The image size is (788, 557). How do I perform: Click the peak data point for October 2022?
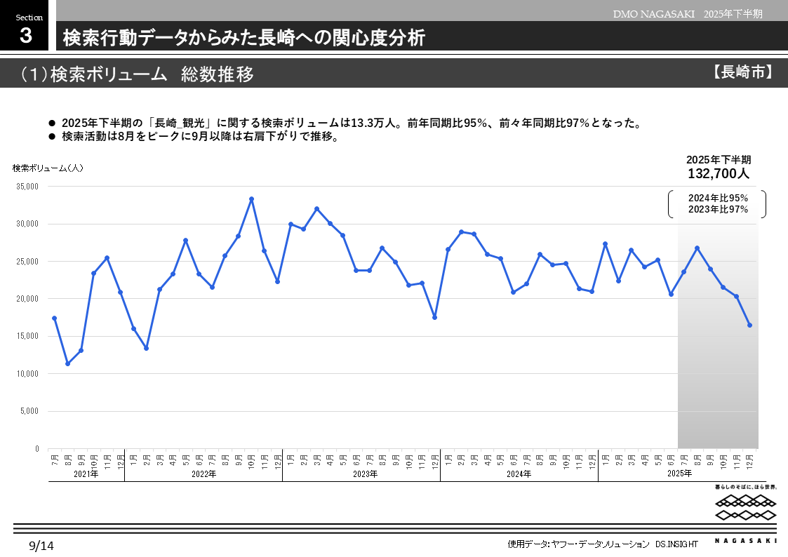click(x=251, y=199)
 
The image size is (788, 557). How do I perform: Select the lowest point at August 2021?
click(x=67, y=363)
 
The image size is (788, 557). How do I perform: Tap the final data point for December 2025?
click(x=749, y=325)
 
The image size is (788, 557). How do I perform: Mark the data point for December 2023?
click(x=434, y=317)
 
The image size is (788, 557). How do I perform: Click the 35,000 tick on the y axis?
click(x=27, y=187)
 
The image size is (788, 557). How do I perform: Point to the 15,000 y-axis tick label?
click(x=27, y=336)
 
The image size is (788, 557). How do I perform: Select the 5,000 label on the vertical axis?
click(x=29, y=411)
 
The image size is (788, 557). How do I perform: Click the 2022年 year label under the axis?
click(x=203, y=474)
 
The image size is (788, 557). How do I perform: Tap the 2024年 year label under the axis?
click(x=519, y=474)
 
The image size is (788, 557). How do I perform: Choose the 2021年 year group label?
click(x=86, y=474)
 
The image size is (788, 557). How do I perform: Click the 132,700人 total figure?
click(x=719, y=173)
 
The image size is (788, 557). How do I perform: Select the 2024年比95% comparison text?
click(x=718, y=199)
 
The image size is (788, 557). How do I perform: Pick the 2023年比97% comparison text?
click(x=718, y=209)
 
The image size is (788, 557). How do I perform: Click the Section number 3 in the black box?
click(x=26, y=36)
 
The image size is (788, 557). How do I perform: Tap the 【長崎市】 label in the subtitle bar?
click(x=742, y=72)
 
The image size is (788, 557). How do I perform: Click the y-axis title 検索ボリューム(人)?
click(x=48, y=168)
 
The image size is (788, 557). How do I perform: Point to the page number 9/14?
click(x=41, y=545)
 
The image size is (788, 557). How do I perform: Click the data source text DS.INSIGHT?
click(x=676, y=544)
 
